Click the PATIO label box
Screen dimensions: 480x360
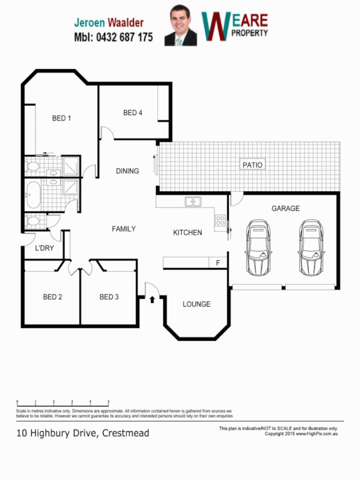coord(252,165)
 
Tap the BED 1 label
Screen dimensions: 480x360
coord(61,118)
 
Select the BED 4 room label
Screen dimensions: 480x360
coord(133,113)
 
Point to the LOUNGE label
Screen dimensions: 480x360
coord(196,304)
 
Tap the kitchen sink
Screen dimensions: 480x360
coord(193,202)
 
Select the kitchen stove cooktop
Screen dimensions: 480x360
coord(220,220)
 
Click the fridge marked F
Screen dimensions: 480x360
coord(218,263)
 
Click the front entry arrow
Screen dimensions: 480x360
coord(152,299)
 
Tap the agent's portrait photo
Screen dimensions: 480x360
coord(180,26)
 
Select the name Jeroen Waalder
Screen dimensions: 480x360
coord(109,22)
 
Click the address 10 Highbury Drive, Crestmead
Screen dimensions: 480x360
coord(83,433)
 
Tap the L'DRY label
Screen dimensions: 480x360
coord(44,248)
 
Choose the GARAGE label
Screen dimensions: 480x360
coord(285,209)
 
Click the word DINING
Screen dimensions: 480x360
coord(127,171)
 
